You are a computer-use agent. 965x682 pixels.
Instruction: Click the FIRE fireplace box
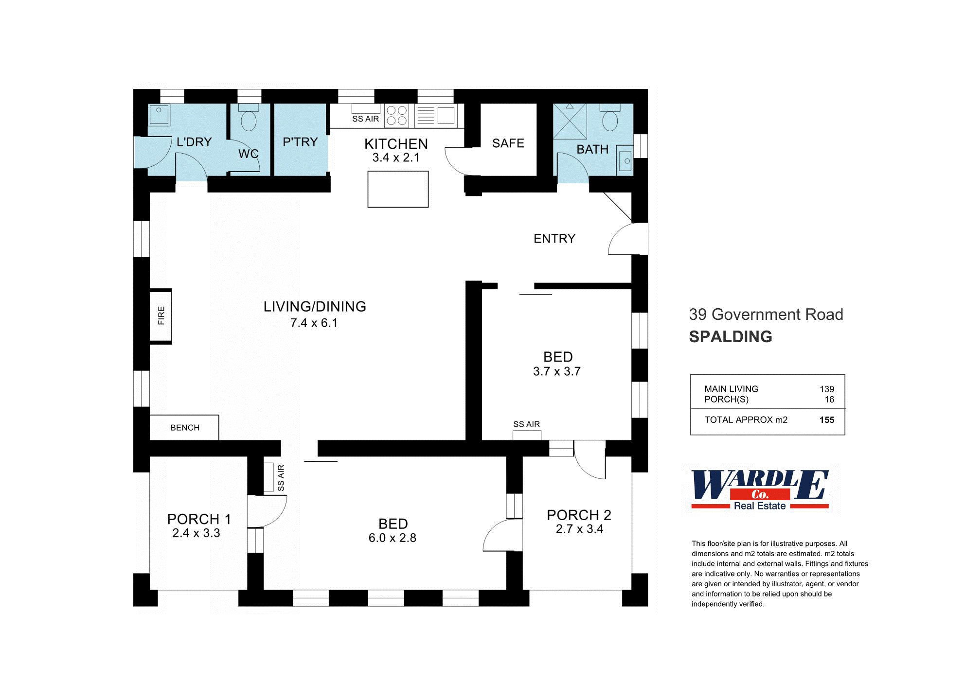[x=161, y=316]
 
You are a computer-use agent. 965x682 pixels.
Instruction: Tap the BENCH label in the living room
[x=185, y=428]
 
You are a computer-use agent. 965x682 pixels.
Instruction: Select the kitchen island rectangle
[x=398, y=189]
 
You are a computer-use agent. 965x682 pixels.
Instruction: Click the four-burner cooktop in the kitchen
[x=396, y=116]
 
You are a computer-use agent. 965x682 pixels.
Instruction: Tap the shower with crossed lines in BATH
[x=570, y=122]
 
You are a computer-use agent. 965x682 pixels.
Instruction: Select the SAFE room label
[x=508, y=143]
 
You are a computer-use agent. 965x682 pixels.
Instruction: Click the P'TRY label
[x=300, y=142]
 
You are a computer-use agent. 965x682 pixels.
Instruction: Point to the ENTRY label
[x=554, y=239]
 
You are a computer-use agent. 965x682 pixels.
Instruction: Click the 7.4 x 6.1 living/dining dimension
[x=314, y=323]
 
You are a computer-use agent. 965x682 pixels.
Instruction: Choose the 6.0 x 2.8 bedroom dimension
[x=392, y=538]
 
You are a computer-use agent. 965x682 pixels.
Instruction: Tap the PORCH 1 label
[x=199, y=519]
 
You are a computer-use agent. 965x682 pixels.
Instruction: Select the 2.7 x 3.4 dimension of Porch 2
[x=579, y=529]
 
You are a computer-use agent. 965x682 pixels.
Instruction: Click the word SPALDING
[x=731, y=336]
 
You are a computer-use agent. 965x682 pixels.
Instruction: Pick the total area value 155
[x=826, y=420]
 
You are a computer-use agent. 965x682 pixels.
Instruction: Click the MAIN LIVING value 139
[x=826, y=389]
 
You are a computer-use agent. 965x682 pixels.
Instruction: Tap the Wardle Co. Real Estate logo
[x=760, y=490]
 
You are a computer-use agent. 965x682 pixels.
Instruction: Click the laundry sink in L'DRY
[x=159, y=115]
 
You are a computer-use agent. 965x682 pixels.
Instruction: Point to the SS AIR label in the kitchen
[x=365, y=119]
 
